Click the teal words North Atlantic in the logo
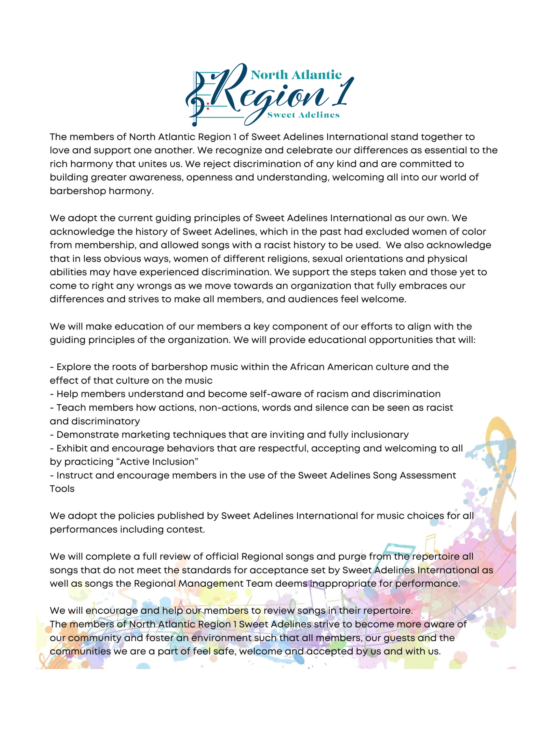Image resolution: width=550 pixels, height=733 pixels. coord(296,75)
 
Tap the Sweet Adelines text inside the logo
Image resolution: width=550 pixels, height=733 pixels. coord(303,115)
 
